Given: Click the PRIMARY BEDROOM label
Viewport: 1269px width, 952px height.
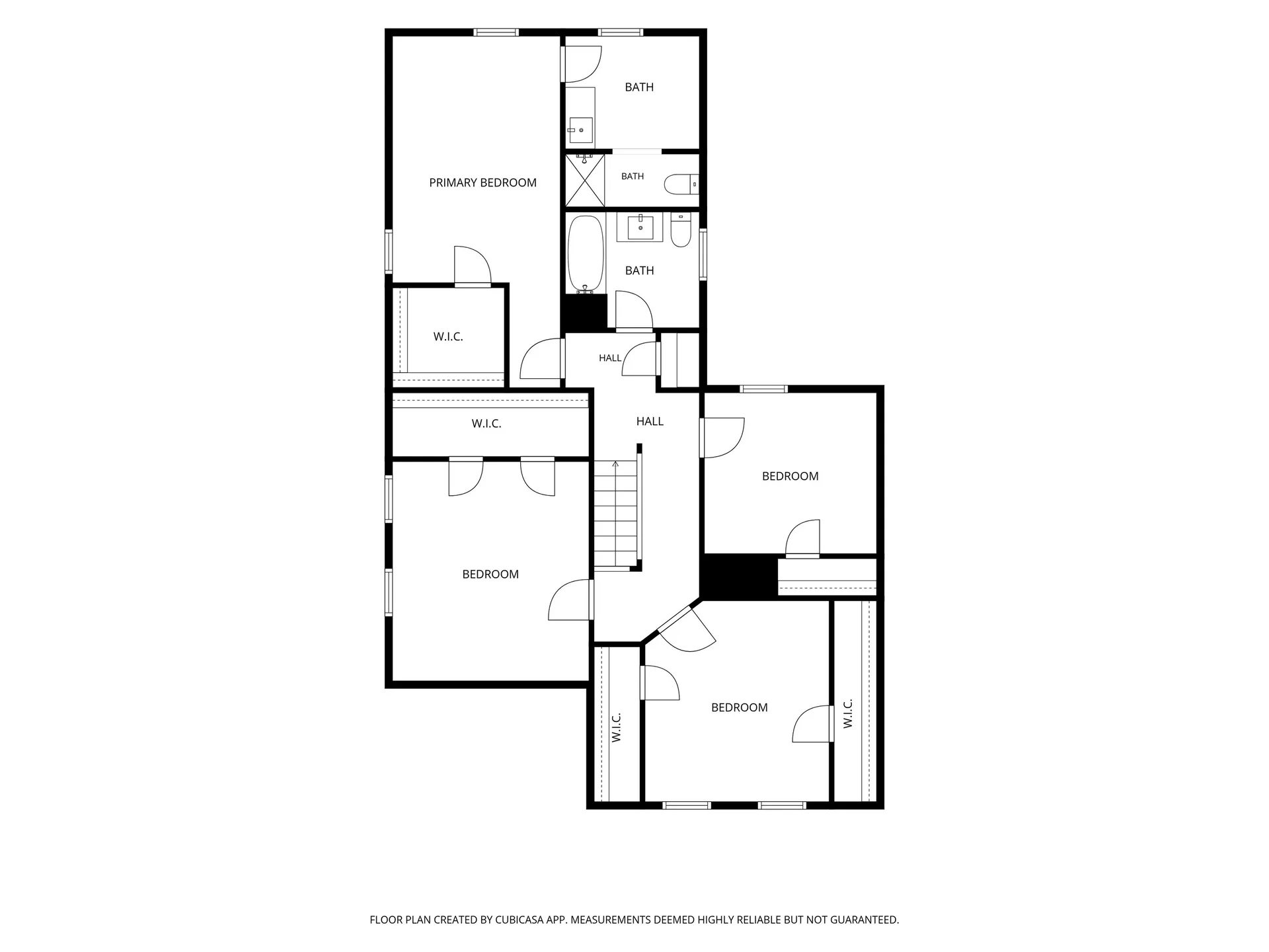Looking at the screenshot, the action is [x=482, y=183].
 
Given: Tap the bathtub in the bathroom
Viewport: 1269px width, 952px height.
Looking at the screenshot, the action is [x=586, y=253].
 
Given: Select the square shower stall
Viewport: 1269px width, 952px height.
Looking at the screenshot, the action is [x=585, y=180].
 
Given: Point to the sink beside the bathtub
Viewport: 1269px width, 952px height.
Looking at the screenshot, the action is [x=640, y=227].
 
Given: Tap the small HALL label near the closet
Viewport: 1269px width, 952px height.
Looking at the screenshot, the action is [x=610, y=358].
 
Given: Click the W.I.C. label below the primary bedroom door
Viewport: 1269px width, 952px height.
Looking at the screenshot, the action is [x=448, y=337].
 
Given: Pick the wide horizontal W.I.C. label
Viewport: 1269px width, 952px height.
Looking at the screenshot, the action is [x=486, y=424].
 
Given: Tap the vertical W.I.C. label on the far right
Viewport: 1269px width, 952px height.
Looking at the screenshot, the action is [x=848, y=713].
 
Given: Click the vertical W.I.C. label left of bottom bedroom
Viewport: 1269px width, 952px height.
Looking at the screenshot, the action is [x=617, y=727].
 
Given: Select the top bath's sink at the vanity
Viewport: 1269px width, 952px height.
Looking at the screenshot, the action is [x=580, y=130].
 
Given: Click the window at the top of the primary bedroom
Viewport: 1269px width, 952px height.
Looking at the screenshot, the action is [x=496, y=32].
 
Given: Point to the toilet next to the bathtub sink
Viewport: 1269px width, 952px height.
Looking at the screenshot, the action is [x=681, y=229].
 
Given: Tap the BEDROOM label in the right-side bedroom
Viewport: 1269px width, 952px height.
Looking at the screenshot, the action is [x=790, y=477].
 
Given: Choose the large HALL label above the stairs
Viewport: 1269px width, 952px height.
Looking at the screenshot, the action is [x=650, y=422].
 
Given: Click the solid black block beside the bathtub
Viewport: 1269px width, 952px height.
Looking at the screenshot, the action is [x=584, y=313].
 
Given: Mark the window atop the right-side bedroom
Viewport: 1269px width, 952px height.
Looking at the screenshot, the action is [x=763, y=389].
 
